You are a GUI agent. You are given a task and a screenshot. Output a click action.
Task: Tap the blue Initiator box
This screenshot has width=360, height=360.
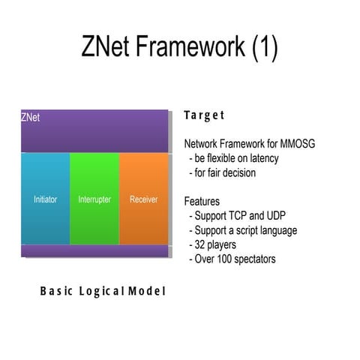pos(45,199)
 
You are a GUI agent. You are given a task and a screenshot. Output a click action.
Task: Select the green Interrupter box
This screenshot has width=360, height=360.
pos(94,199)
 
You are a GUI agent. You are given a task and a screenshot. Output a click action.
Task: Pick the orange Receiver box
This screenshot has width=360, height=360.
pos(143,199)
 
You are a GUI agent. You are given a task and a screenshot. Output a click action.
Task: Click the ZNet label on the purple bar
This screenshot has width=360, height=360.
pos(31,118)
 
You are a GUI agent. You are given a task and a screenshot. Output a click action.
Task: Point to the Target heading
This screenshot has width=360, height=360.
pos(204,115)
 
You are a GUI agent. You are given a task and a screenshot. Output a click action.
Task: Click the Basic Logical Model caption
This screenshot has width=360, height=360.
pos(102,291)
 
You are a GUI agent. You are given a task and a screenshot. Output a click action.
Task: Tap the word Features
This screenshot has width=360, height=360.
pos(202,202)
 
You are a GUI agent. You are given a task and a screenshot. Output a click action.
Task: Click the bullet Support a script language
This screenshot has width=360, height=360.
pos(244,230)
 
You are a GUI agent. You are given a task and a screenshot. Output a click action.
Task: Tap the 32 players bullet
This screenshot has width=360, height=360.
pos(217,244)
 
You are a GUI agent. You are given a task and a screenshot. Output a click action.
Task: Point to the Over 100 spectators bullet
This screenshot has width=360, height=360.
pos(235,259)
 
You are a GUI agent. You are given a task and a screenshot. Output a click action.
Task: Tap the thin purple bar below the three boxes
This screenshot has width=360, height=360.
pos(94,250)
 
